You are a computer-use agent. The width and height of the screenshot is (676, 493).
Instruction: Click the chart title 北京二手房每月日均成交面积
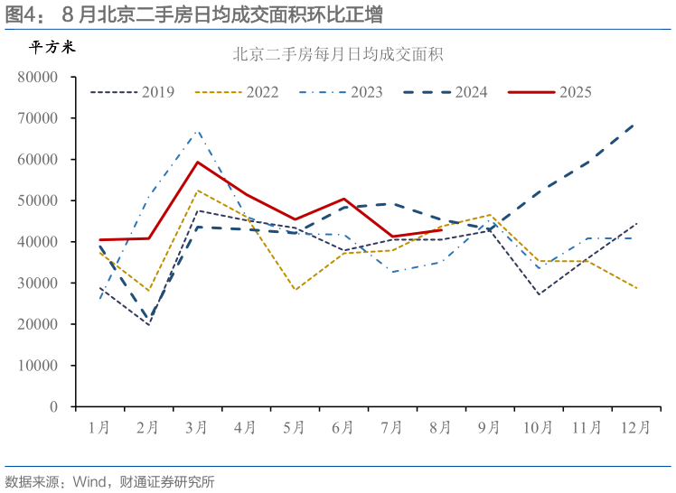(338, 55)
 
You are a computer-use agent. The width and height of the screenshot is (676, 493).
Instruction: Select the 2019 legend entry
(133, 92)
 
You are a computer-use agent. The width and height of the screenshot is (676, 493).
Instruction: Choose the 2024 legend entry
(446, 92)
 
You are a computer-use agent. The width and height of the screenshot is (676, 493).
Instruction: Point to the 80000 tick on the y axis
(38, 78)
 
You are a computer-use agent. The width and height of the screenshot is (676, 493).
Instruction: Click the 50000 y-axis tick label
(38, 201)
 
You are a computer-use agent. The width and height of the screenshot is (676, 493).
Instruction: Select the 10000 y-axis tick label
(38, 366)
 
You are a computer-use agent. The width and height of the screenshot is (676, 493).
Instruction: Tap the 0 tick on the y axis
(54, 407)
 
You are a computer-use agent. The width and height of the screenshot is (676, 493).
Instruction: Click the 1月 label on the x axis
(100, 428)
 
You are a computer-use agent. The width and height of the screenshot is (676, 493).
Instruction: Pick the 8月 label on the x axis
(441, 428)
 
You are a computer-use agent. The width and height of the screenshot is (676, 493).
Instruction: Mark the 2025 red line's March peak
(198, 163)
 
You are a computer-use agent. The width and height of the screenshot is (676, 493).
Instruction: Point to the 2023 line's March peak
(198, 131)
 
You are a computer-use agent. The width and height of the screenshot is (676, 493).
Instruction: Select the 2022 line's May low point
(295, 290)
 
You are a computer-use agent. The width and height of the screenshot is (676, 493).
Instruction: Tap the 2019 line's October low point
(539, 294)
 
